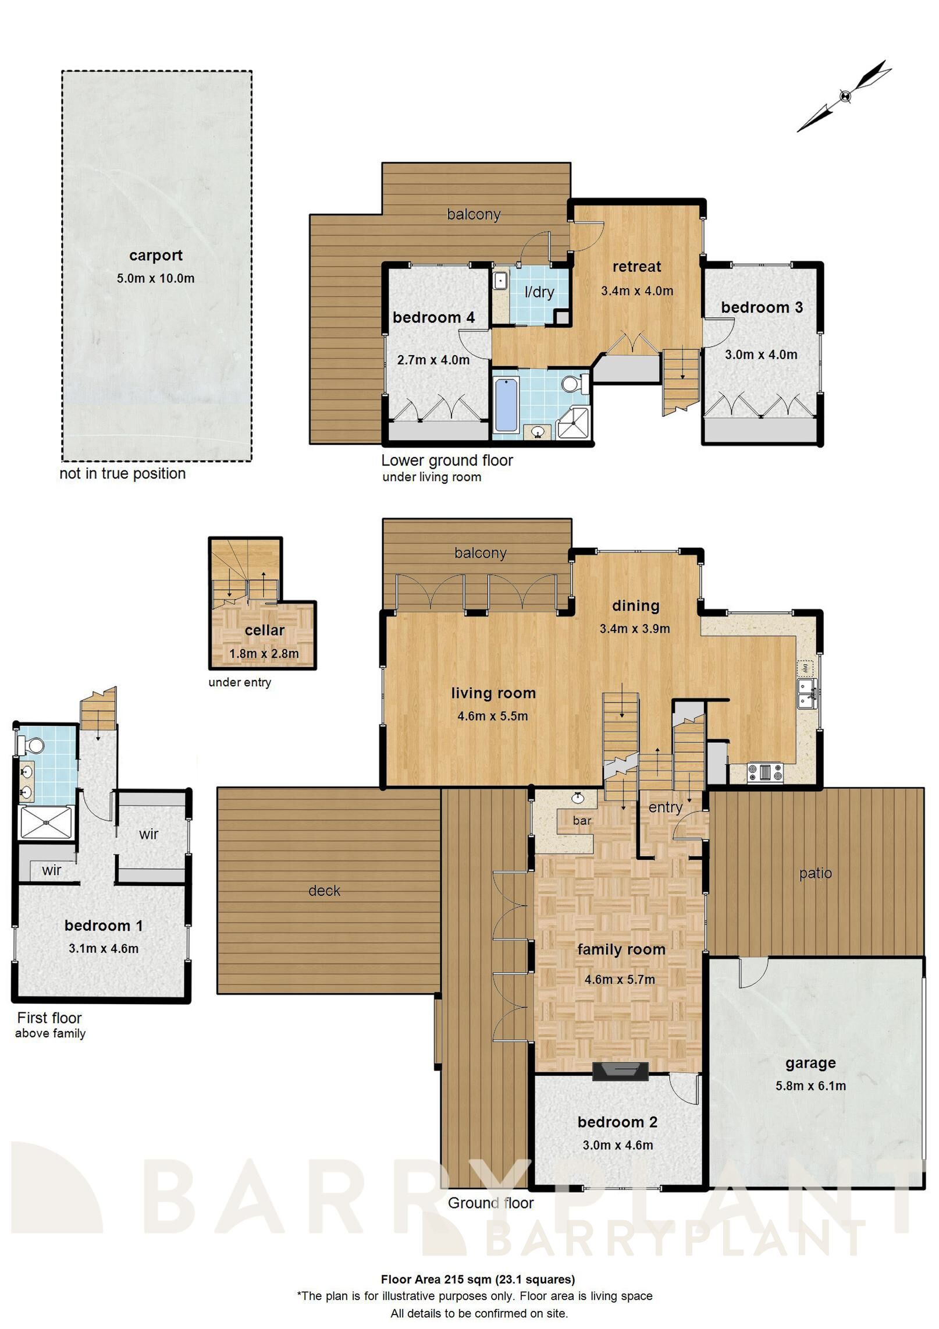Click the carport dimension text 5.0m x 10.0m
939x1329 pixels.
[x=155, y=278]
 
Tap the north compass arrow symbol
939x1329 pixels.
[x=845, y=96]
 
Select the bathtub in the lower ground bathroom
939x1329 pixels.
[x=506, y=404]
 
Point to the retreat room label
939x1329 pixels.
[x=636, y=267]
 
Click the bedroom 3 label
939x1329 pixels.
[x=762, y=307]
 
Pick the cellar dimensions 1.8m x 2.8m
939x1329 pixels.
[x=264, y=653]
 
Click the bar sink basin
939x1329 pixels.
[x=578, y=798]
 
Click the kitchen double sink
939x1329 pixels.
[x=807, y=693]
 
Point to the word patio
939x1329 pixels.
[x=815, y=873]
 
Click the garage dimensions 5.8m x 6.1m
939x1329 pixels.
[x=810, y=1086]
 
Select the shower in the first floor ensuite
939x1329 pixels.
[x=46, y=822]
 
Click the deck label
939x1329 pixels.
[x=324, y=891]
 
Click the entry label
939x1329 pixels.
[x=665, y=807]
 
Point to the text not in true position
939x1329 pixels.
[x=123, y=473]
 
